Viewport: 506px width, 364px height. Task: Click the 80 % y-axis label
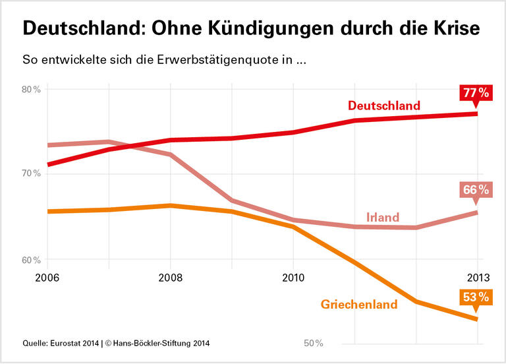tap(32, 90)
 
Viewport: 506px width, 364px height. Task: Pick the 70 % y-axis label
tap(32, 173)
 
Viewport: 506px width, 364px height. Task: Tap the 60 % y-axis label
tap(32, 260)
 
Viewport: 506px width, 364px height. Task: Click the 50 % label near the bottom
tap(313, 343)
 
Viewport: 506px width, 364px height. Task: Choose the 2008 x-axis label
tap(170, 278)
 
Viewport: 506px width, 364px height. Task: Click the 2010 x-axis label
tap(293, 278)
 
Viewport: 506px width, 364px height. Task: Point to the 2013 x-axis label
tap(478, 278)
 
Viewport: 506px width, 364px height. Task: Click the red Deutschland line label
tap(383, 106)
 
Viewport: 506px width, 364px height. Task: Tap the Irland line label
tap(383, 217)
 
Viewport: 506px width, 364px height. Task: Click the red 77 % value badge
tap(476, 93)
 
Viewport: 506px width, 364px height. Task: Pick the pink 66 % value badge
tap(476, 190)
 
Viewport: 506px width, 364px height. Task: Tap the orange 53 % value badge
tap(476, 297)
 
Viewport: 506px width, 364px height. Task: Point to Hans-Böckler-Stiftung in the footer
tap(155, 343)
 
